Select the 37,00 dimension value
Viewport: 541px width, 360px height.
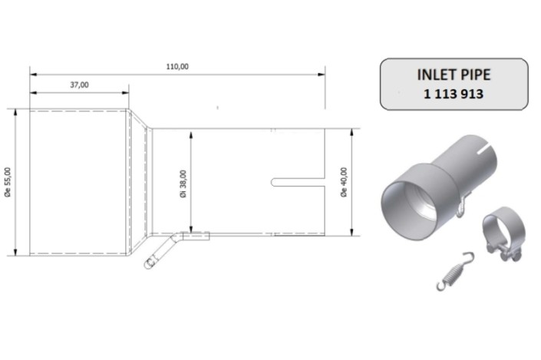click(79, 85)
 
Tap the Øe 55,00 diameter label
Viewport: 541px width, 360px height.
click(8, 183)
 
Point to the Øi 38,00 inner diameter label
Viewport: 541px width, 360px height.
click(183, 182)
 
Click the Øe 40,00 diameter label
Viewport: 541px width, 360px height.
click(343, 182)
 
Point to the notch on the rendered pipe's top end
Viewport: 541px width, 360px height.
click(483, 144)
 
